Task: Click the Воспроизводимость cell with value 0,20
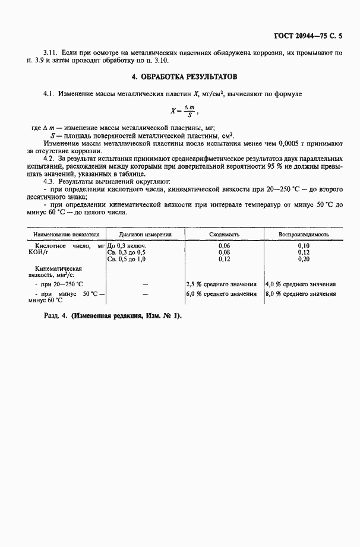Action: [x=304, y=259]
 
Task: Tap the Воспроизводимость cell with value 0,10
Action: [x=304, y=245]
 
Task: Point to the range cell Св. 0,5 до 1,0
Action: [x=127, y=259]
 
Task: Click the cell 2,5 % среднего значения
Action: [x=222, y=284]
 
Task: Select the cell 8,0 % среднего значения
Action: [x=301, y=293]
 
